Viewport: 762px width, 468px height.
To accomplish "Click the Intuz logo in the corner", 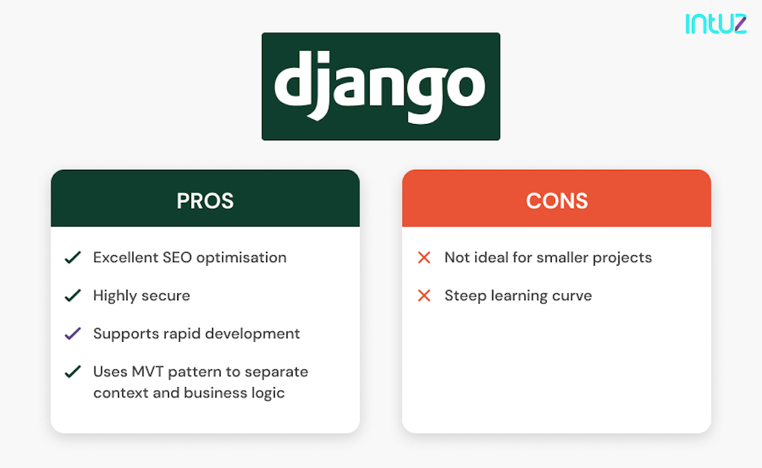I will pos(715,23).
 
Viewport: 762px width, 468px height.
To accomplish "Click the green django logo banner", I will pos(380,86).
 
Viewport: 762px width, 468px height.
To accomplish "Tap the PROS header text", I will pos(205,201).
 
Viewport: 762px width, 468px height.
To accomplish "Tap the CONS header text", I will pos(556,201).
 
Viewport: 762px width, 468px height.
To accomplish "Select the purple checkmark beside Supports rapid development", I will pos(72,334).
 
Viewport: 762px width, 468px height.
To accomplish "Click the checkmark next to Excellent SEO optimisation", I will pos(72,258).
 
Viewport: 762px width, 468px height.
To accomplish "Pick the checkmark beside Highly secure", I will pos(72,296).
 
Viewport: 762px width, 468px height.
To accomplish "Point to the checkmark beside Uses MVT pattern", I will pos(72,372).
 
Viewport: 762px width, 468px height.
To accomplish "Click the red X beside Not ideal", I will pos(424,258).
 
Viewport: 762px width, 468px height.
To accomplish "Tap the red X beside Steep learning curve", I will pos(424,296).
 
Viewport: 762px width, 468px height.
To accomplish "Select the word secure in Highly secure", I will pos(167,296).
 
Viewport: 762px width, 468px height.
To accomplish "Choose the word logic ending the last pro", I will pos(267,393).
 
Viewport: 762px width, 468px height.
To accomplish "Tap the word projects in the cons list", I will pos(623,258).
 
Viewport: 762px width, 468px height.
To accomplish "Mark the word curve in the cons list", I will pos(572,296).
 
